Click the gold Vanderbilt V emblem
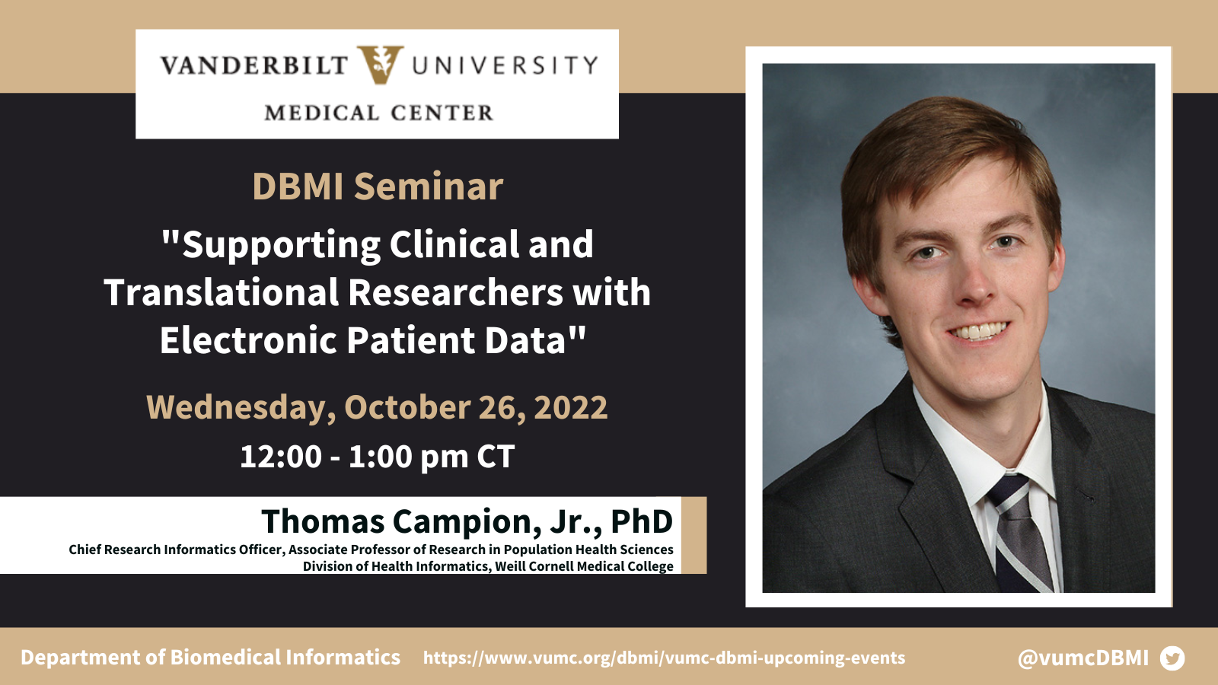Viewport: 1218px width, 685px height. pyautogui.click(x=380, y=65)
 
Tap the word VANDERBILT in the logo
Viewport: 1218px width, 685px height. pyautogui.click(x=254, y=65)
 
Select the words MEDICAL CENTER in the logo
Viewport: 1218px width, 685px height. pyautogui.click(x=379, y=113)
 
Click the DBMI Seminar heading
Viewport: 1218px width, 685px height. pyautogui.click(x=378, y=186)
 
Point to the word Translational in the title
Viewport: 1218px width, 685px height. pyautogui.click(x=222, y=292)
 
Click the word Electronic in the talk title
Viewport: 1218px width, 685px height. pyautogui.click(x=248, y=340)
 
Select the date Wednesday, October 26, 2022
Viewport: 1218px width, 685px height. pyautogui.click(x=377, y=407)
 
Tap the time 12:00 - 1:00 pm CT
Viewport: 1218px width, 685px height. pyautogui.click(x=377, y=456)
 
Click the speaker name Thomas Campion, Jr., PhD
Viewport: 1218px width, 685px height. pyautogui.click(x=467, y=521)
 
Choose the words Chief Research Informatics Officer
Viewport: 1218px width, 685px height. pyautogui.click(x=176, y=550)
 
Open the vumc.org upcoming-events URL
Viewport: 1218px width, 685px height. pyautogui.click(x=664, y=658)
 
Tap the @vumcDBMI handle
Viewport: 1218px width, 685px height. pyautogui.click(x=1083, y=658)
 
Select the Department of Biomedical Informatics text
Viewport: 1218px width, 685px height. pyautogui.click(x=210, y=658)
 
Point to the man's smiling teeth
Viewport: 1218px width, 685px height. pyautogui.click(x=979, y=331)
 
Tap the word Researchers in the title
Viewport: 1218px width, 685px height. pyautogui.click(x=456, y=292)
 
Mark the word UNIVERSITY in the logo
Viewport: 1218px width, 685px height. pyautogui.click(x=505, y=65)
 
